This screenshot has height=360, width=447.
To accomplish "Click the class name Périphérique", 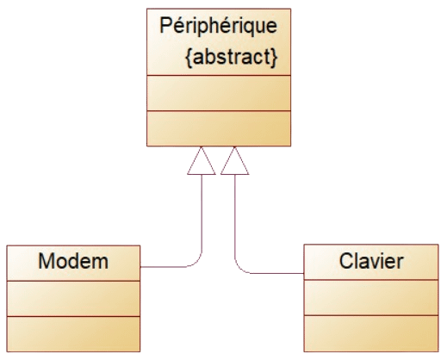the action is click(218, 27).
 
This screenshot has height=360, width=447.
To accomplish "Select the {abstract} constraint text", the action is click(232, 57).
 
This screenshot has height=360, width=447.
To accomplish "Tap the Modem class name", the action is click(73, 261).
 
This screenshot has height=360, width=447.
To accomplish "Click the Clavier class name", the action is click(371, 261).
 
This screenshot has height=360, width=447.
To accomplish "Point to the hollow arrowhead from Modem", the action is click(202, 161).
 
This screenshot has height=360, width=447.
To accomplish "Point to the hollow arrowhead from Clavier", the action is click(234, 161).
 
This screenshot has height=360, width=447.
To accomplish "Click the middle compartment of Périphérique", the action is click(219, 93).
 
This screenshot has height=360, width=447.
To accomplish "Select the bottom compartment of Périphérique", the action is click(219, 128).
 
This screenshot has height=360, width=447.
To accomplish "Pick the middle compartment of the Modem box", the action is click(73, 299).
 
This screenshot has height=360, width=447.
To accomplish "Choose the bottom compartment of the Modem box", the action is click(73, 334).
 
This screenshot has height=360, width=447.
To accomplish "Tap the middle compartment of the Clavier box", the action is click(371, 297).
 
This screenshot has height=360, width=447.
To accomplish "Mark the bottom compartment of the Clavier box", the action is click(371, 333).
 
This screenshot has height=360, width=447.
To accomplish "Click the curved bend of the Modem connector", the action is click(197, 263).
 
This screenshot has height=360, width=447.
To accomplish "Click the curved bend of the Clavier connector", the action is click(239, 269).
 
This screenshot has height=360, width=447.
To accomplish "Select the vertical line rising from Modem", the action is click(202, 214).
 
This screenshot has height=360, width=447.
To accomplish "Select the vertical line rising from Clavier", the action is click(235, 216).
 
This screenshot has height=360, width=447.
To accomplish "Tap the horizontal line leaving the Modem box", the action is click(164, 267).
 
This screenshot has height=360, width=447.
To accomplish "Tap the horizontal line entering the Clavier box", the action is click(277, 273).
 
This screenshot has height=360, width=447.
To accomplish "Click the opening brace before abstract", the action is click(189, 58).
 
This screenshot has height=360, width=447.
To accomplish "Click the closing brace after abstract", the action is click(274, 58).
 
